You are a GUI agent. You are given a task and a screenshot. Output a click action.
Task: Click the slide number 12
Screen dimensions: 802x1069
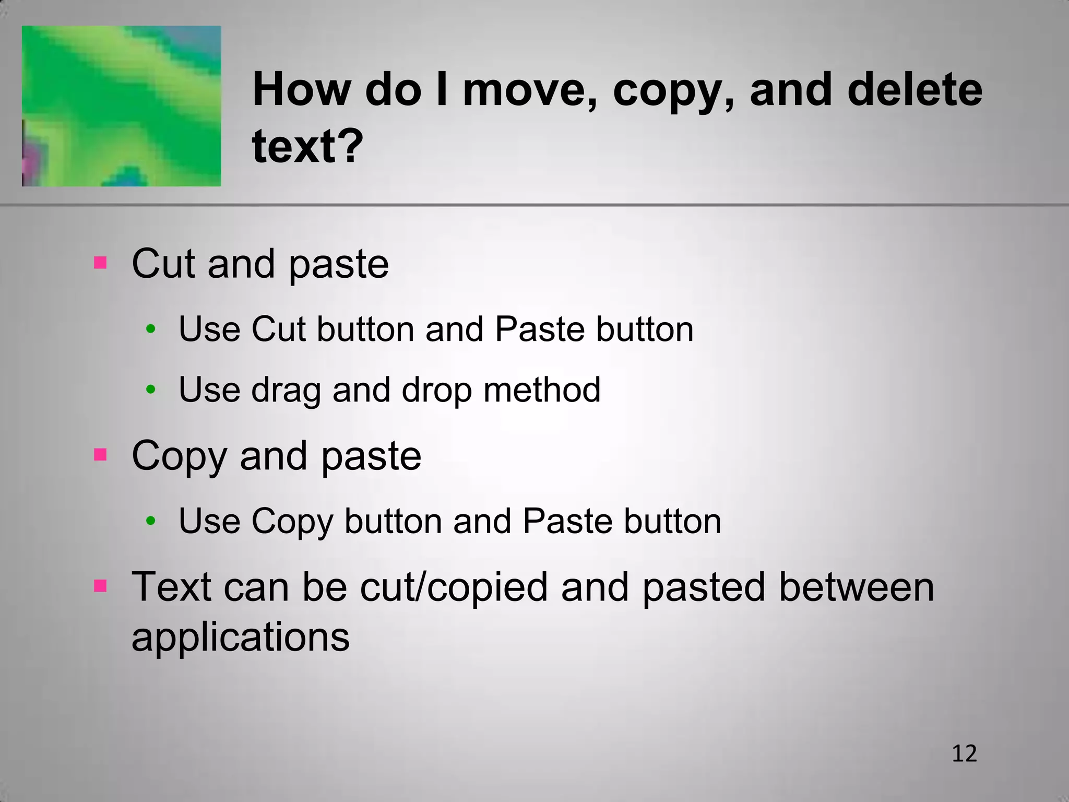click(x=964, y=754)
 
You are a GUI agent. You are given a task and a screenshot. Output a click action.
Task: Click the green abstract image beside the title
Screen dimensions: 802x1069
click(x=121, y=106)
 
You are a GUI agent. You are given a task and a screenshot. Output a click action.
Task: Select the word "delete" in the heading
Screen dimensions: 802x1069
click(x=914, y=90)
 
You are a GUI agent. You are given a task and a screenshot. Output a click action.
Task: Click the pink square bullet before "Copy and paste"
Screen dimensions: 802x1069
click(x=100, y=454)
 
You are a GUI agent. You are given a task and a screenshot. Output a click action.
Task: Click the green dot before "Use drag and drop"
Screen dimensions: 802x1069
click(x=151, y=390)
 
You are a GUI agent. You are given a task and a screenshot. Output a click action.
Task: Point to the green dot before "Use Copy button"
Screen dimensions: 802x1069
click(x=151, y=521)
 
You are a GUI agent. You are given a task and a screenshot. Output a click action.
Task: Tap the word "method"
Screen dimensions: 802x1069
click(x=542, y=390)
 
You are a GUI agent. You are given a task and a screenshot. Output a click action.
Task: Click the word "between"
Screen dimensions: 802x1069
click(x=856, y=587)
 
